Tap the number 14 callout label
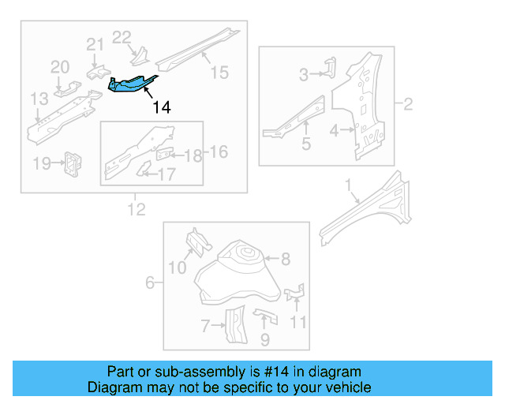[x=161, y=107]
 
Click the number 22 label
[x=122, y=37]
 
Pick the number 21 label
[x=95, y=45]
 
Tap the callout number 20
[x=61, y=67]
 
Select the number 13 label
[x=39, y=99]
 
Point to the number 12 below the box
[x=137, y=208]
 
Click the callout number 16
[x=218, y=151]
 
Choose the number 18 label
[x=193, y=155]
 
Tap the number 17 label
[x=166, y=174]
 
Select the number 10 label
[x=178, y=268]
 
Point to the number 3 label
[x=303, y=75]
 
